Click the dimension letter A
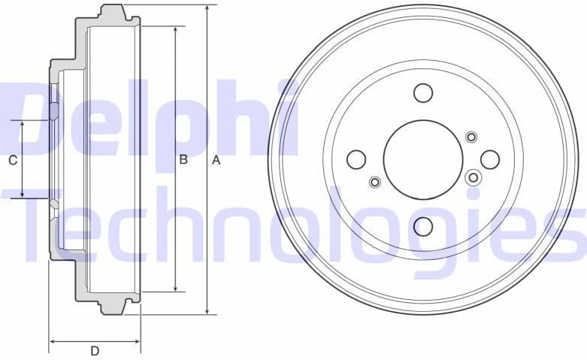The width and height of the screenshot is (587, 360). pyautogui.click(x=216, y=160)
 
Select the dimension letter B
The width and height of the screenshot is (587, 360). pyautogui.click(x=183, y=159)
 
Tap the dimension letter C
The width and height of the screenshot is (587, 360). pyautogui.click(x=12, y=160)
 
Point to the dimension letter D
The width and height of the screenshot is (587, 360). pyautogui.click(x=95, y=350)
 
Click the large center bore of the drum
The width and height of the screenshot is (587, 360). pyautogui.click(x=422, y=159)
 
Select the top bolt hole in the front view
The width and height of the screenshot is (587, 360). pyautogui.click(x=423, y=92)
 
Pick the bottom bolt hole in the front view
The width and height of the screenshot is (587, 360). pyautogui.click(x=423, y=226)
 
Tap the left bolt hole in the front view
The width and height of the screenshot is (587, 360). pyautogui.click(x=356, y=159)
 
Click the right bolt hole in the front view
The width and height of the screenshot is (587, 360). pyautogui.click(x=490, y=159)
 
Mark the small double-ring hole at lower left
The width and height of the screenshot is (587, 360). pyautogui.click(x=375, y=182)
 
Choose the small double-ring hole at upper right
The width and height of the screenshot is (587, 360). pyautogui.click(x=471, y=137)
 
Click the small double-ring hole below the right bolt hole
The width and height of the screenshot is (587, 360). pyautogui.click(x=473, y=177)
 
